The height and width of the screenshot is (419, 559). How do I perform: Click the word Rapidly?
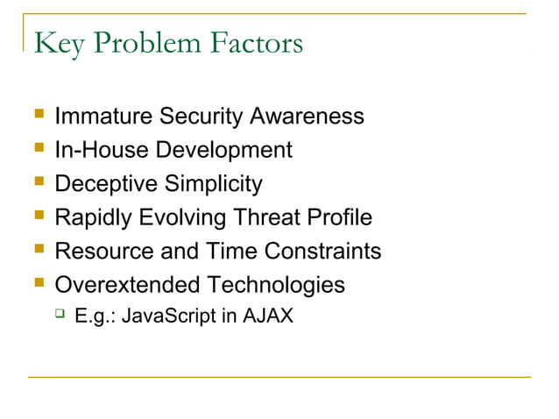pos(92,217)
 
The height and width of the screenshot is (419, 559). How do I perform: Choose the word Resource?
pos(104,252)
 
